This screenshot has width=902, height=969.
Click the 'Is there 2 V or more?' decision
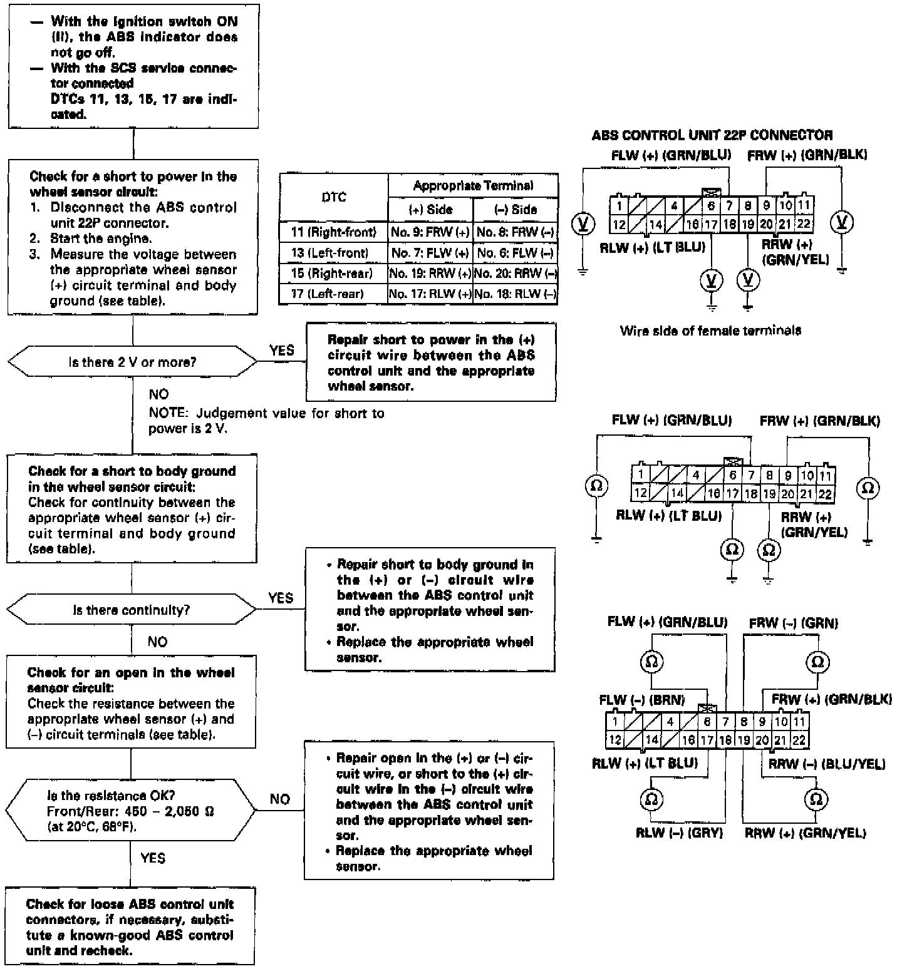132,362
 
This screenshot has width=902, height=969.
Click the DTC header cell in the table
333,197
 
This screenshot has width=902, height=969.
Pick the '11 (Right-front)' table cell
333,232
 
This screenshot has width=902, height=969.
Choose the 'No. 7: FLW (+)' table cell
430,254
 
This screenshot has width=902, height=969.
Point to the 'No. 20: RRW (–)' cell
516,274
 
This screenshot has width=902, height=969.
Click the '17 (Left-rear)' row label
333,294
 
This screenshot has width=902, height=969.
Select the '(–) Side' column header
516,210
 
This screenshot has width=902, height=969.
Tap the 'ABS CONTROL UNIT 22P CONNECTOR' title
712,135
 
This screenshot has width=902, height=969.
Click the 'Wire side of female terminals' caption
710,331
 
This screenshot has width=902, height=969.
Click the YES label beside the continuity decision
281,598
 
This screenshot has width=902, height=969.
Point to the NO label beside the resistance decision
280,799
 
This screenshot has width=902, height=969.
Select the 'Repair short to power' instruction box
431,362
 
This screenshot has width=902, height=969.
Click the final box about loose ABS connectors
130,928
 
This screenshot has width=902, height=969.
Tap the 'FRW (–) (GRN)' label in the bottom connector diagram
793,623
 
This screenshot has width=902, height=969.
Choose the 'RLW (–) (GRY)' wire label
679,833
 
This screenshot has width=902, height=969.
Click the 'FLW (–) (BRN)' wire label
641,700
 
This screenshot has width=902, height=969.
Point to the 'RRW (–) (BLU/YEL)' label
827,764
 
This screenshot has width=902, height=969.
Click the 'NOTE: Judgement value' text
266,421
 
